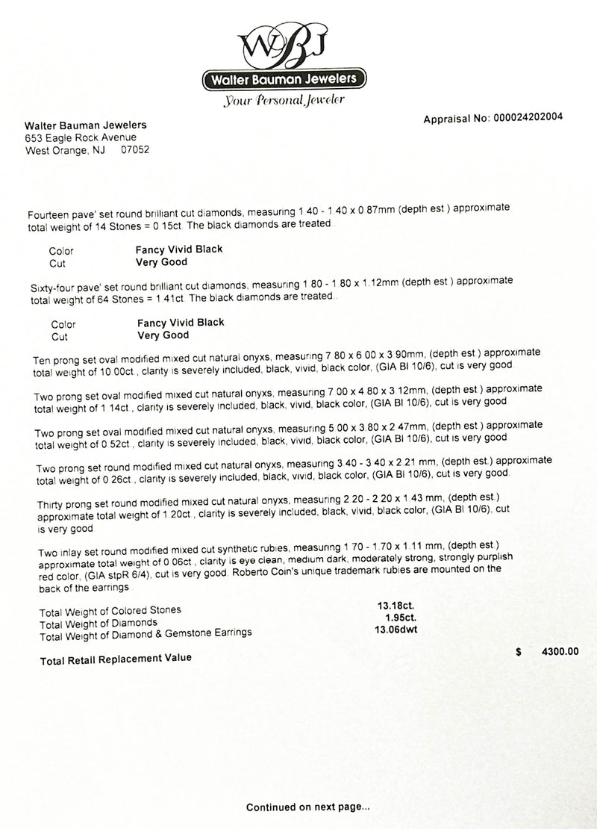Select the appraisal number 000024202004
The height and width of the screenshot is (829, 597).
point(525,117)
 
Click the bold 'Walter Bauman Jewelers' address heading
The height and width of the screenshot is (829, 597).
point(86,125)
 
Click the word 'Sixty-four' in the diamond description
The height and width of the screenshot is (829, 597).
point(51,288)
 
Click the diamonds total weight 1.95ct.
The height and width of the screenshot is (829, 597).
point(399,619)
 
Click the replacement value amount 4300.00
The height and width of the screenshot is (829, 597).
point(560,652)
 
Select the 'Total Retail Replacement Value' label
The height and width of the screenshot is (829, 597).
point(115,658)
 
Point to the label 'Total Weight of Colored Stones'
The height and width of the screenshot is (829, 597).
point(110,610)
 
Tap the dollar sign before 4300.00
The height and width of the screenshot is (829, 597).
point(519,652)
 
